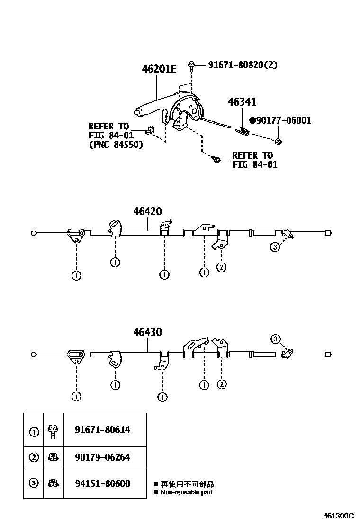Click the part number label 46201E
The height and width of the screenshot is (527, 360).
tap(159, 69)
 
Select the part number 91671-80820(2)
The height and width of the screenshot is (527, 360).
tap(243, 65)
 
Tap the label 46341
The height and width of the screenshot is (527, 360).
tap(242, 102)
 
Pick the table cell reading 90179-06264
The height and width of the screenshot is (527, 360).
tap(102, 457)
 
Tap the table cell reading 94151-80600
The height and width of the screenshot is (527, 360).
tap(102, 483)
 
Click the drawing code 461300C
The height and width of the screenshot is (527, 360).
tap(339, 516)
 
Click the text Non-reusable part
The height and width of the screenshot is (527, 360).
tap(187, 492)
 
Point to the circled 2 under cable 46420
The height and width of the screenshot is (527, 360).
tap(221, 267)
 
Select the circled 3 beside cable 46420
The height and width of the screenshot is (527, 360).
tap(275, 246)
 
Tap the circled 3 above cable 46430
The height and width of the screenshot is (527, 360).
tap(276, 338)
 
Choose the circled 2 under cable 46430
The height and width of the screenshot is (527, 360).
tap(221, 384)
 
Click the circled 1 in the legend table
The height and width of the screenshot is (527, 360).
tap(34, 432)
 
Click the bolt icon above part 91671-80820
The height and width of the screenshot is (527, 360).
tap(191, 65)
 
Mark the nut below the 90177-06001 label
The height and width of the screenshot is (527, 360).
tap(279, 141)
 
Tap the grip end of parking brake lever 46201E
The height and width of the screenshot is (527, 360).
tap(137, 112)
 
